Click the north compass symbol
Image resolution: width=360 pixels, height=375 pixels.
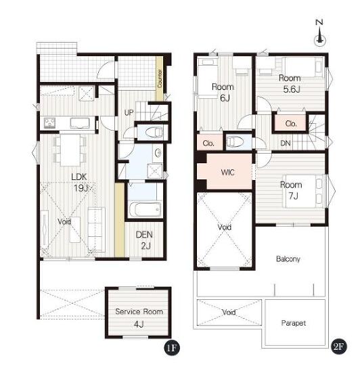(x=319, y=33)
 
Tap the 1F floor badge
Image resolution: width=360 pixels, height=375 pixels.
(x=172, y=347)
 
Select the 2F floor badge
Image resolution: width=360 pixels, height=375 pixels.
(x=339, y=347)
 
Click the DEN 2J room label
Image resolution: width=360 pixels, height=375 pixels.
(x=144, y=240)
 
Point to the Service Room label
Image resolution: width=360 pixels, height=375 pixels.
(x=139, y=311)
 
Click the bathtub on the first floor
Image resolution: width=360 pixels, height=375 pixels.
(x=145, y=210)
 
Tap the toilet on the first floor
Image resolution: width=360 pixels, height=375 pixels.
(x=154, y=132)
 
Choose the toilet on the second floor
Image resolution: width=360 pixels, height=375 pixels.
(x=235, y=142)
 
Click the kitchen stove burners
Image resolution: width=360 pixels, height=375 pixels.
(x=49, y=123)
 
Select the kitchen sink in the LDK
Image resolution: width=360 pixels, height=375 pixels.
(x=80, y=123)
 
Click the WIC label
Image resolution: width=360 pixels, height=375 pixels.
(x=227, y=172)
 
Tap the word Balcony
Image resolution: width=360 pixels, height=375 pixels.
(x=288, y=259)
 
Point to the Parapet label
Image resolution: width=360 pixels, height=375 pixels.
(x=294, y=323)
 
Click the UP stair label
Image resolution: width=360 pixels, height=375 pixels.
(x=129, y=112)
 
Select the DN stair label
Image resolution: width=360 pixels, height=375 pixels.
(x=286, y=143)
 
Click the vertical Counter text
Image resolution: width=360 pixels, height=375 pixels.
(x=160, y=79)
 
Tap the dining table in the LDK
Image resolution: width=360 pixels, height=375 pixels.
(x=70, y=150)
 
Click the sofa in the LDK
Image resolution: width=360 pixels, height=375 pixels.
(x=97, y=229)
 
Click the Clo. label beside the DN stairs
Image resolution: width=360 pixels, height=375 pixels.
(x=291, y=123)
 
